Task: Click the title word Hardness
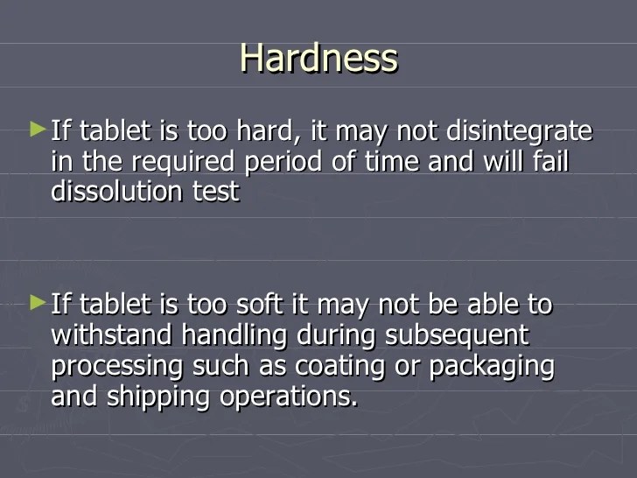click(x=318, y=59)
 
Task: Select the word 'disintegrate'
click(x=520, y=132)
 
